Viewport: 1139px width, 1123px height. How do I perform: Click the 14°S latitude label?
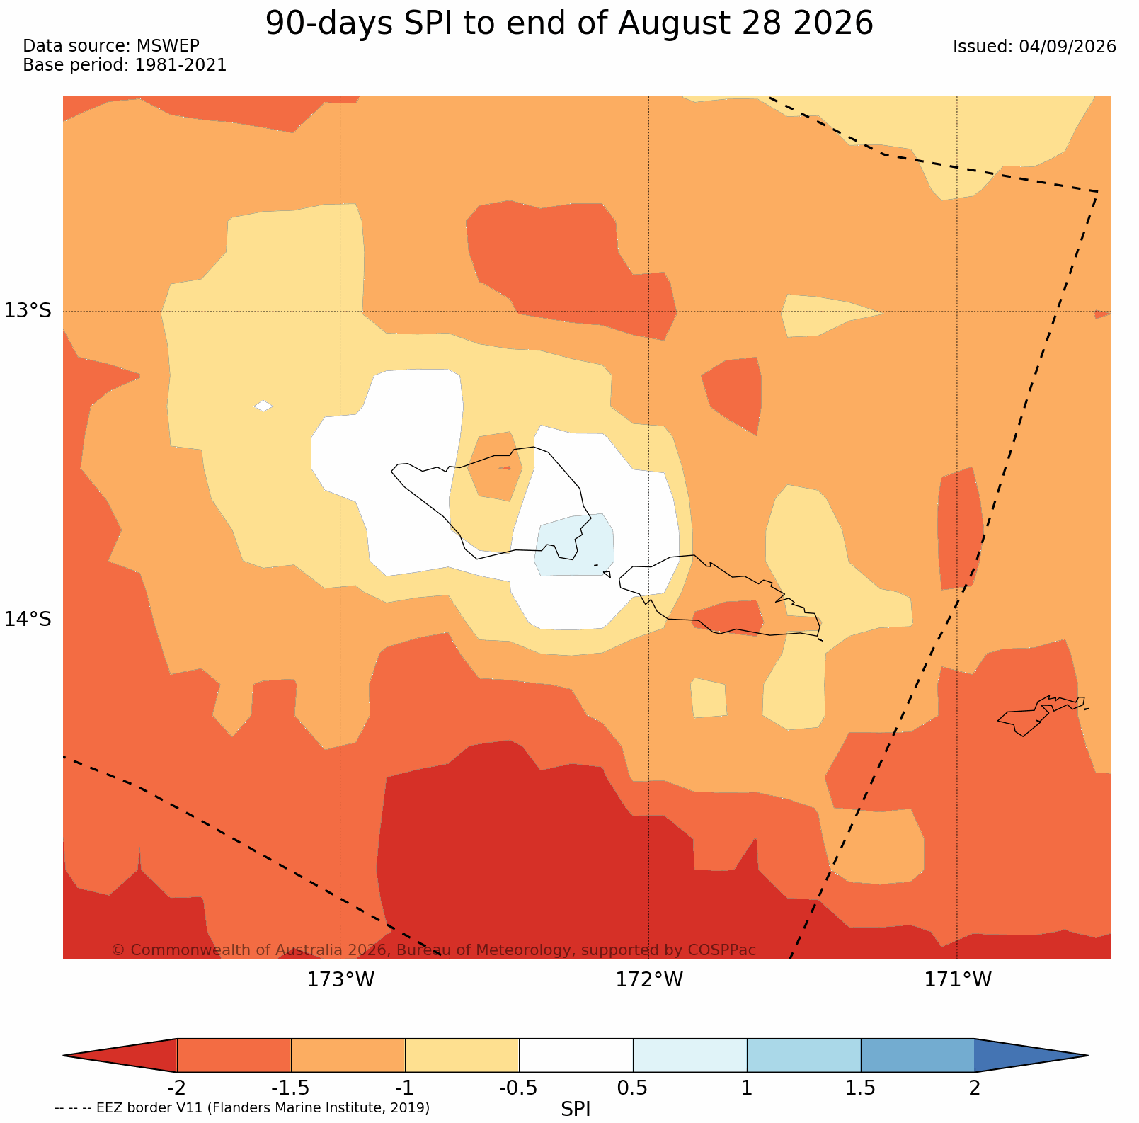(28, 619)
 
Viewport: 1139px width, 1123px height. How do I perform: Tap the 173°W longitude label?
(340, 979)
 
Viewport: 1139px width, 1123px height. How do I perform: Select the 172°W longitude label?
(649, 979)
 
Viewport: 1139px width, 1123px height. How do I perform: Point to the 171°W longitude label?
(958, 979)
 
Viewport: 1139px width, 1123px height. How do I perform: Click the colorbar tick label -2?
(176, 1088)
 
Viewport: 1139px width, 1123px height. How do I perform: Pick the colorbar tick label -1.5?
(291, 1088)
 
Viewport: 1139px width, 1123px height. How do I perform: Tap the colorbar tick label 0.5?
(632, 1088)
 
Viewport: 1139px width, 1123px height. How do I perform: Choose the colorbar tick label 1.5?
(861, 1088)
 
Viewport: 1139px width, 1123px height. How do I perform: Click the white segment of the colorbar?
(576, 1055)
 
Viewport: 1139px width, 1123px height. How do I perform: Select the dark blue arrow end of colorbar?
(1031, 1055)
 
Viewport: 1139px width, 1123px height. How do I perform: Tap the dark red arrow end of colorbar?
(120, 1055)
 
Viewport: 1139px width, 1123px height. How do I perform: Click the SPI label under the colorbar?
(576, 1109)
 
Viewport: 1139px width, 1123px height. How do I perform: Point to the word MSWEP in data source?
(168, 46)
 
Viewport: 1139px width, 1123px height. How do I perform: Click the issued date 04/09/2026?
(1068, 47)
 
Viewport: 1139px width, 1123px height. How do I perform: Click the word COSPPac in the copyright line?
(722, 950)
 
